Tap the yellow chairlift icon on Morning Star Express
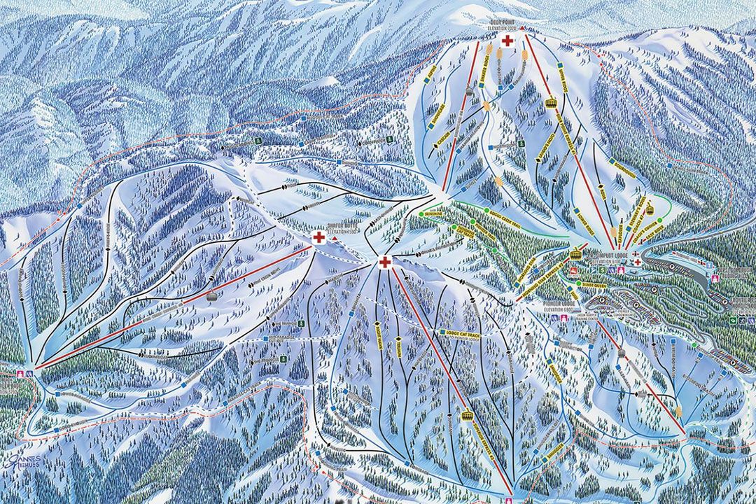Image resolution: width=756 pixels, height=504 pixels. point(575,255)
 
